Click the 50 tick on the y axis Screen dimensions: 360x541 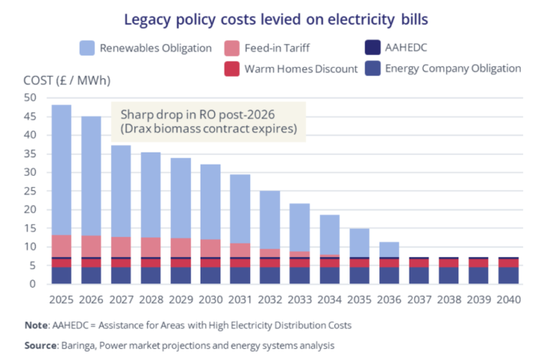pos(30,98)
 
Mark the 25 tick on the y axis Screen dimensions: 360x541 pos(30,191)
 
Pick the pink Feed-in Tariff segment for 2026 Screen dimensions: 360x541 pos(91,246)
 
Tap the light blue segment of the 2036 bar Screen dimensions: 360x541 pos(388,249)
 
